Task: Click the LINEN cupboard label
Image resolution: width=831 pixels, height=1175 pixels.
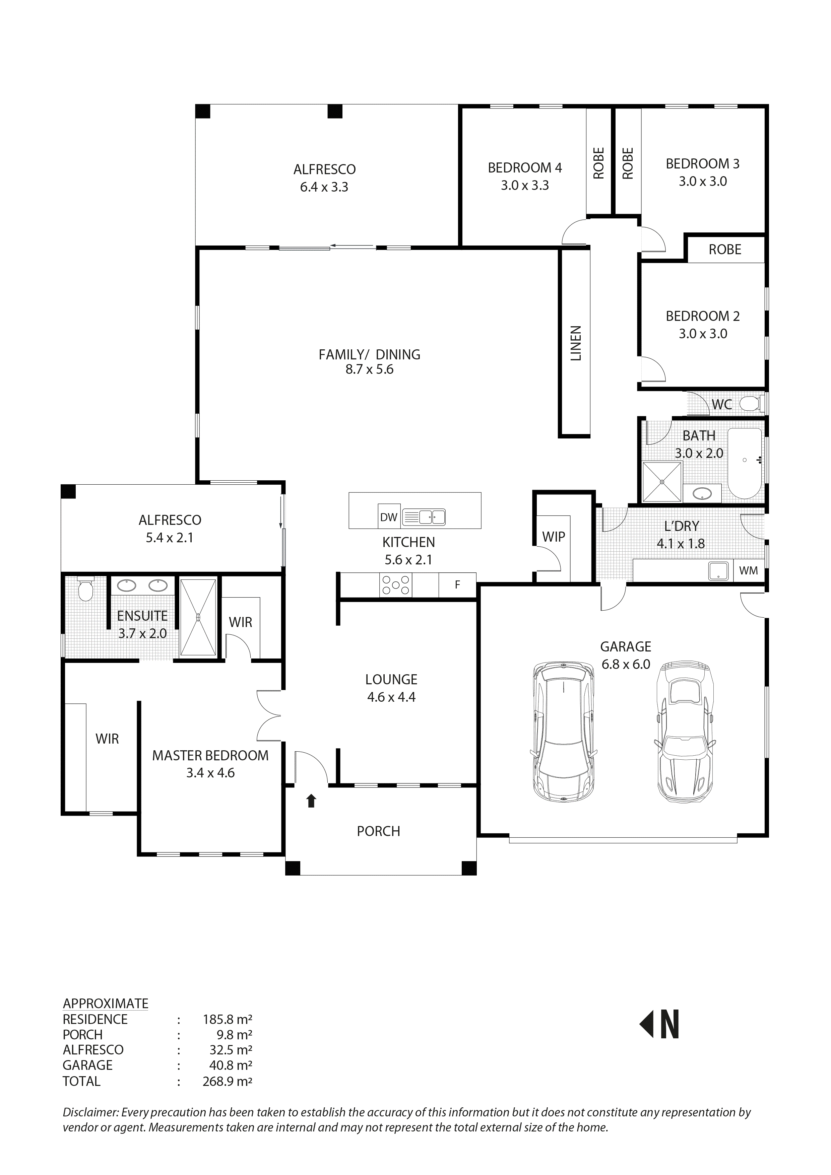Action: coord(576,343)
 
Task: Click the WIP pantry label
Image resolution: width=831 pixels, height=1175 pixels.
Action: coord(554,537)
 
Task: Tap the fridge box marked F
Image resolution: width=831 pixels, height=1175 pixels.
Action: coord(457,584)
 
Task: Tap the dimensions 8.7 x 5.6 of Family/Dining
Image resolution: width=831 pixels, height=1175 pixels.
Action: coord(369,369)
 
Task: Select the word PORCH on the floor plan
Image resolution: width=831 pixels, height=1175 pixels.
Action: coord(378,831)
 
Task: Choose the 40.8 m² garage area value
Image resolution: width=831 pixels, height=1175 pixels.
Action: coord(231,1065)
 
